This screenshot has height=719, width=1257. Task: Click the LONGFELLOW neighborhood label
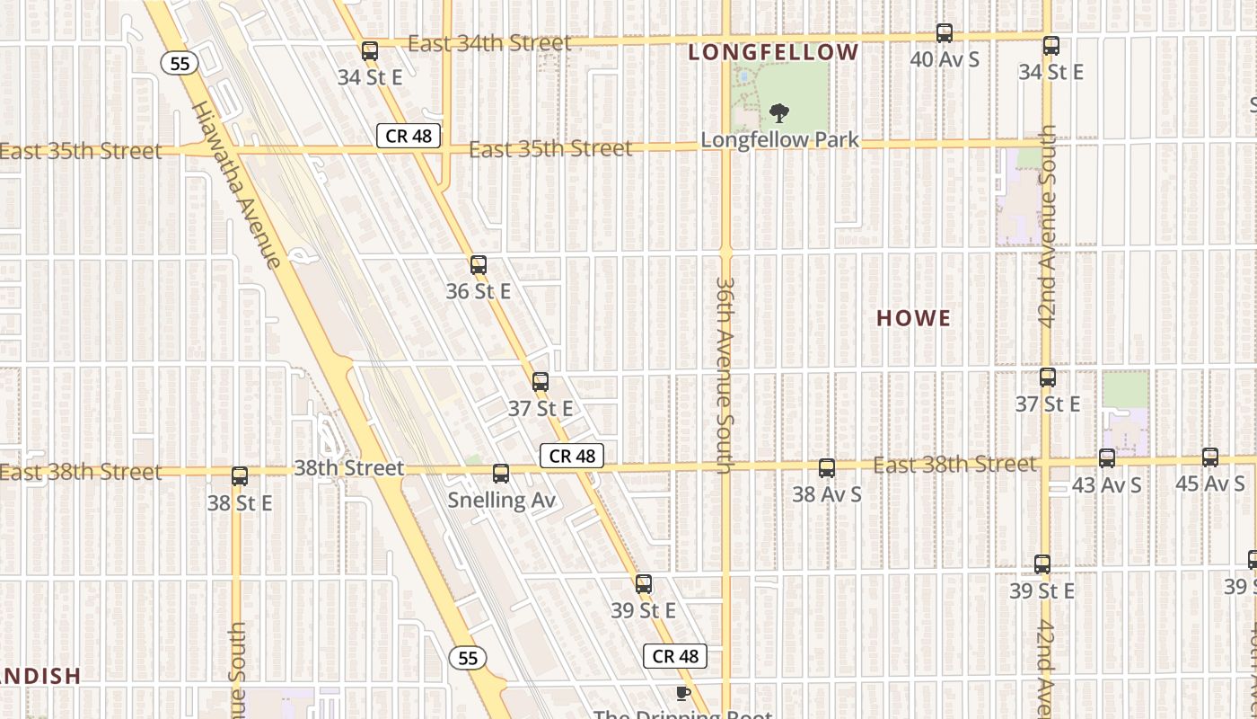point(773,52)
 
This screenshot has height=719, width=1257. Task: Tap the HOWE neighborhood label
point(913,318)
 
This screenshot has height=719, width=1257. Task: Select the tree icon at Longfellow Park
point(779,113)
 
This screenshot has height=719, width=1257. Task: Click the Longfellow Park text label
point(779,140)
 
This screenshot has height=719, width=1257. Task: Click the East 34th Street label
point(489,43)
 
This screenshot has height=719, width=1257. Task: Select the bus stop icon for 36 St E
point(479,265)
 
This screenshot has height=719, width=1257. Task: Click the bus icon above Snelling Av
point(501,474)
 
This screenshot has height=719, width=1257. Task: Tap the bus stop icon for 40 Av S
point(945,33)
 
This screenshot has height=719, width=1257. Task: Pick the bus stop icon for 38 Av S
point(827,468)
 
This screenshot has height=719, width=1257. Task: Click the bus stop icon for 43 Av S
point(1107,458)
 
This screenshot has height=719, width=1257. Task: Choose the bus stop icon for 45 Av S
point(1210,457)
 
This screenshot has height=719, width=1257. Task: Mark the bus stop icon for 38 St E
point(240,476)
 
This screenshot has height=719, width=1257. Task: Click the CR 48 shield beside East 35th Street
point(409,137)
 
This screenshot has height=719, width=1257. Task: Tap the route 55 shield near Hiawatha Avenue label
point(180,63)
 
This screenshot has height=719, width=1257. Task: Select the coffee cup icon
point(682,693)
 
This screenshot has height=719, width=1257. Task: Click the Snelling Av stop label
point(502,500)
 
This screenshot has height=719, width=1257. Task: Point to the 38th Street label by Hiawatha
point(348,468)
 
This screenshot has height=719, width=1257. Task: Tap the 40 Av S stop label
point(945,60)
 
